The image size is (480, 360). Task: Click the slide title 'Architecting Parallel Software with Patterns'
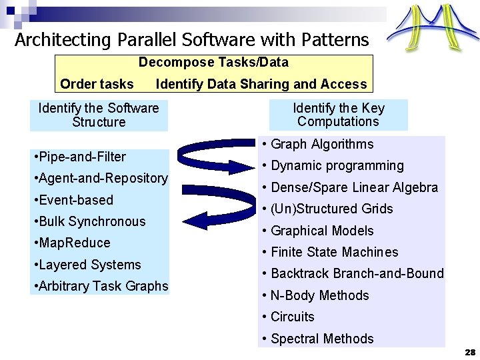(192, 40)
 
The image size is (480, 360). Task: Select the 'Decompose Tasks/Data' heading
(213, 63)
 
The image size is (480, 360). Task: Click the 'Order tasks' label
(97, 84)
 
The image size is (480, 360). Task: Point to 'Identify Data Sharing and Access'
(261, 84)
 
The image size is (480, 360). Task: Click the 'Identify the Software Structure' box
(99, 115)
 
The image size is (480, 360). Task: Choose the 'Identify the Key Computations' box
(338, 115)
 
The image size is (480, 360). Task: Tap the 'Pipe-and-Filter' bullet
(79, 157)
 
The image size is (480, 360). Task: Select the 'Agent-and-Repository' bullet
(100, 178)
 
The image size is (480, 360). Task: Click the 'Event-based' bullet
(73, 200)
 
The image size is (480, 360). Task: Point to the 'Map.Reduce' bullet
(71, 243)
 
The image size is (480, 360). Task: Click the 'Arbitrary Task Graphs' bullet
(101, 286)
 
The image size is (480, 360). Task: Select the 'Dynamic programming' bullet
(333, 165)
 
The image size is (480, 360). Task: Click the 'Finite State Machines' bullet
(331, 252)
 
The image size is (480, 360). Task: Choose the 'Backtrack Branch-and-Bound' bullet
(353, 273)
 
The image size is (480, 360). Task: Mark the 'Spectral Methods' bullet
(318, 339)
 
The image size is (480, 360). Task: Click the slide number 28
(469, 352)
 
